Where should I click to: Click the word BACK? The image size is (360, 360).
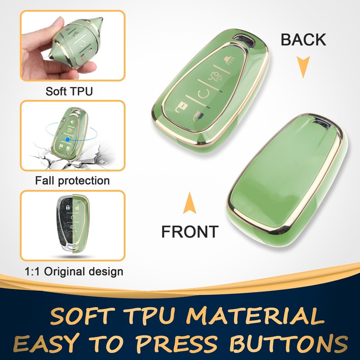[303, 40]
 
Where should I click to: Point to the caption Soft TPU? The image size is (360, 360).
[69, 92]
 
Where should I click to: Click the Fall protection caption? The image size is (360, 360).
[72, 181]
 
